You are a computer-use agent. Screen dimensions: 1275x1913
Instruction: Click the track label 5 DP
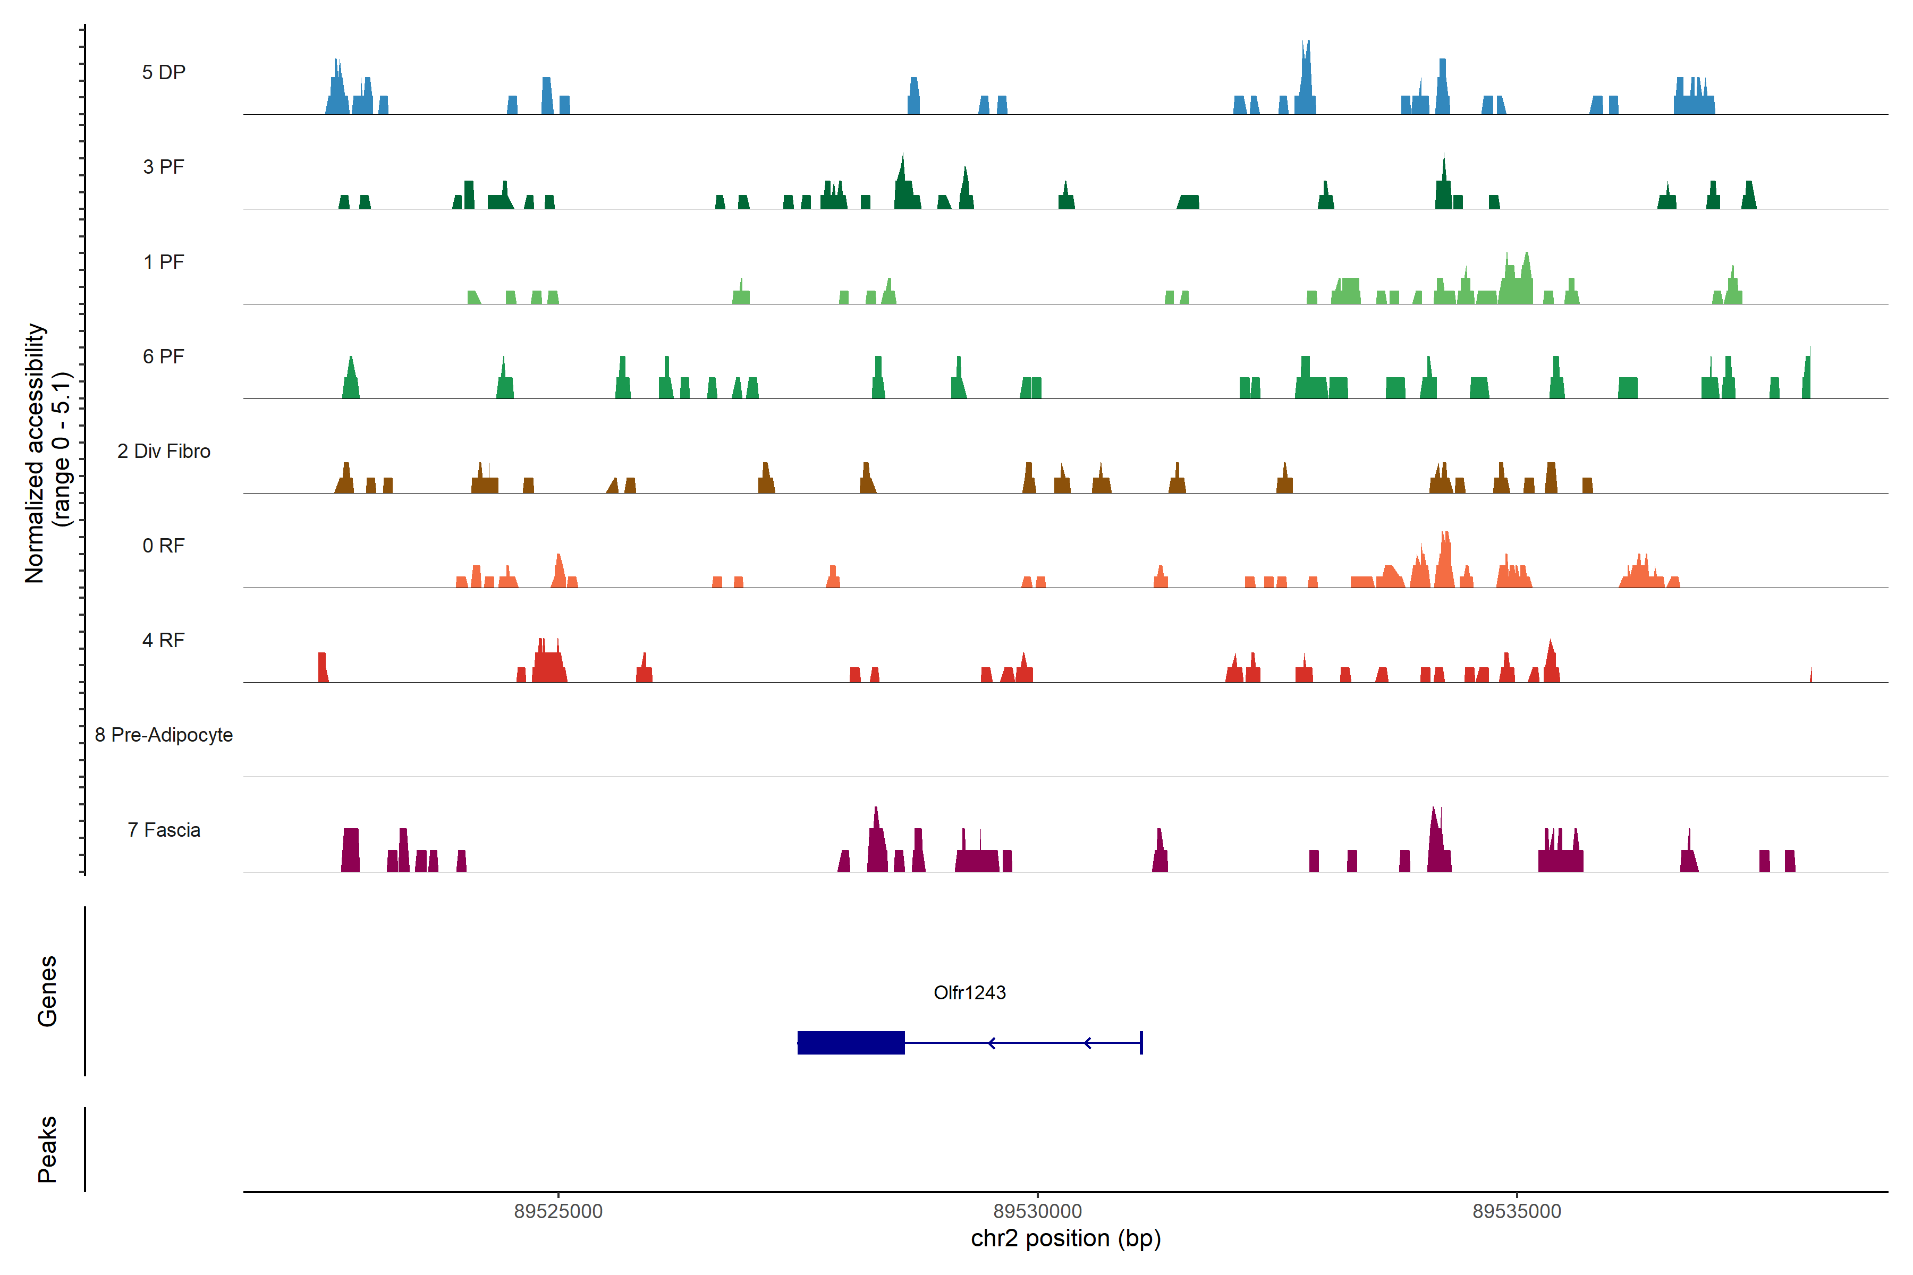click(x=164, y=72)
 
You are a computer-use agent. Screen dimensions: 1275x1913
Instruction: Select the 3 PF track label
click(x=164, y=167)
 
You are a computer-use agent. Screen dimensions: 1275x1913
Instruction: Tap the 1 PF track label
click(x=164, y=262)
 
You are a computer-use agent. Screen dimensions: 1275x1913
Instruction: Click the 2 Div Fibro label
click(x=164, y=451)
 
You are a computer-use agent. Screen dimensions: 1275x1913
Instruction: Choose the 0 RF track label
click(x=164, y=546)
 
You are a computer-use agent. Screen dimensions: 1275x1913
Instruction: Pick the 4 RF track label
click(x=164, y=640)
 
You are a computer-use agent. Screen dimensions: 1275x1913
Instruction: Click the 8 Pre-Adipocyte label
click(x=164, y=735)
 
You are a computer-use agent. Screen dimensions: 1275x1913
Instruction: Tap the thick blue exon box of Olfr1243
click(x=851, y=1042)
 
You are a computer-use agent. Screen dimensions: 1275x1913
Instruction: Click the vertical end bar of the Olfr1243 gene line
click(x=1141, y=1042)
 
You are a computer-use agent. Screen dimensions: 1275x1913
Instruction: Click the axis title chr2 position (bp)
click(x=1065, y=1238)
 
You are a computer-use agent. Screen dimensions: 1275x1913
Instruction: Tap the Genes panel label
click(x=47, y=991)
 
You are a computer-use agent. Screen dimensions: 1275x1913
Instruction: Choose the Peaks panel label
click(x=47, y=1149)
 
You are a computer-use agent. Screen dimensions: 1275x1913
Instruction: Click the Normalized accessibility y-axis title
click(x=47, y=453)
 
